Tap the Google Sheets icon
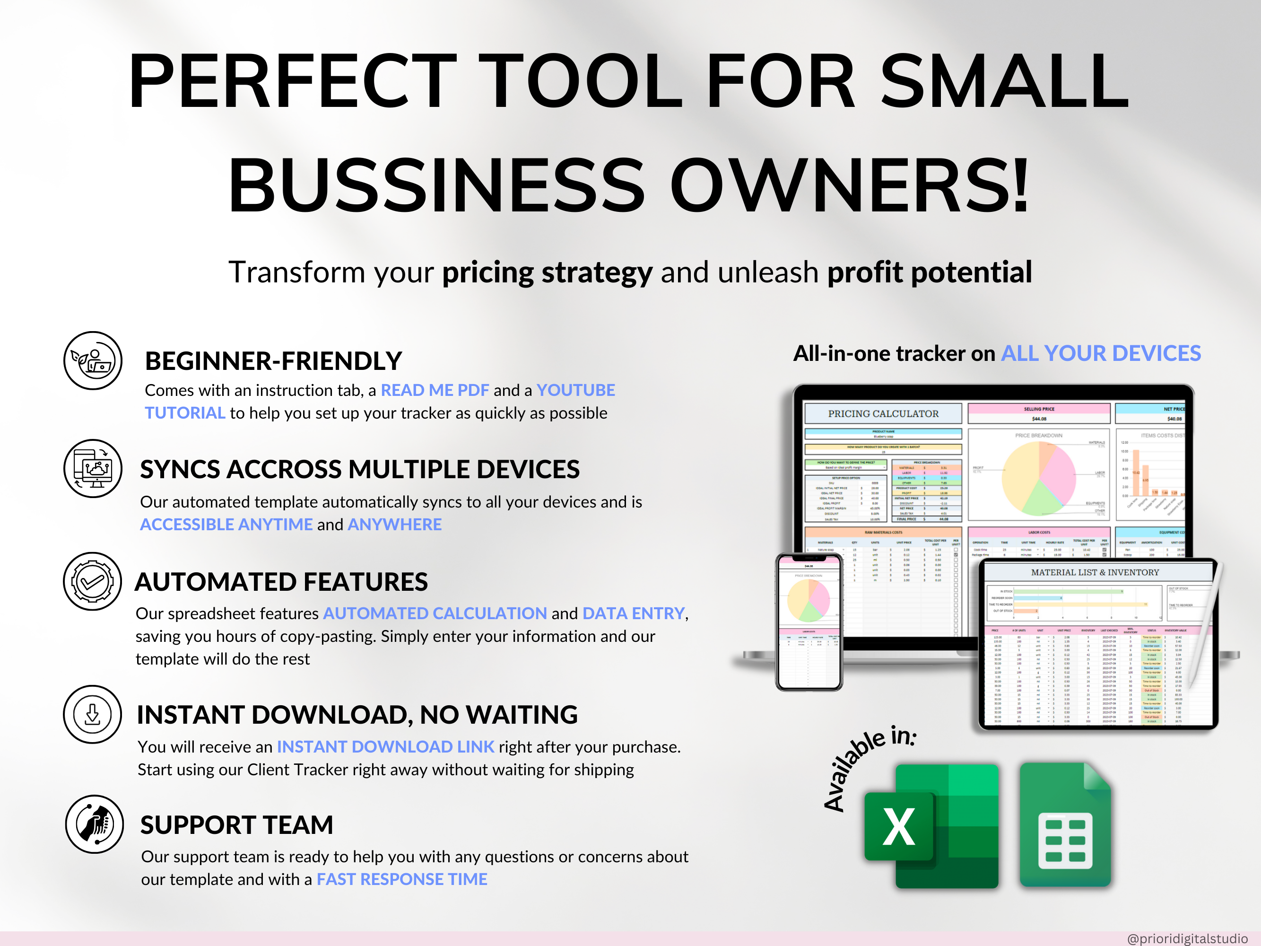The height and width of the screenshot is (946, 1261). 1065,825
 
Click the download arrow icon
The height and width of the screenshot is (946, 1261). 92,714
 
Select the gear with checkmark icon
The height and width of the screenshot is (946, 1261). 92,581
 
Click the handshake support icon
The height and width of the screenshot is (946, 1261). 94,824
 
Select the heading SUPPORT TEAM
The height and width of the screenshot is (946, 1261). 236,824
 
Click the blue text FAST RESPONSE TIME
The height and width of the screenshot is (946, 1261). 402,879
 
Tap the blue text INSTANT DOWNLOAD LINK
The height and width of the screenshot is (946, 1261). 385,746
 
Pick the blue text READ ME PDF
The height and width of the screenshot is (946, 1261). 435,390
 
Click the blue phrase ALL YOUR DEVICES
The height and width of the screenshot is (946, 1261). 1101,353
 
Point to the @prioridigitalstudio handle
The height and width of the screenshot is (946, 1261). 1187,938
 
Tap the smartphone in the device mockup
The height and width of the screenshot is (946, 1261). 809,622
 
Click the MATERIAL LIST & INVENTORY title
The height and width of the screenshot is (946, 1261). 1095,572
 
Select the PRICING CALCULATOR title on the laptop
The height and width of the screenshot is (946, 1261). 883,413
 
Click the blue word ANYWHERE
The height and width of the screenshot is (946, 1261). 394,524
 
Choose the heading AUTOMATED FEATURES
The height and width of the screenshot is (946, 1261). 281,582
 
